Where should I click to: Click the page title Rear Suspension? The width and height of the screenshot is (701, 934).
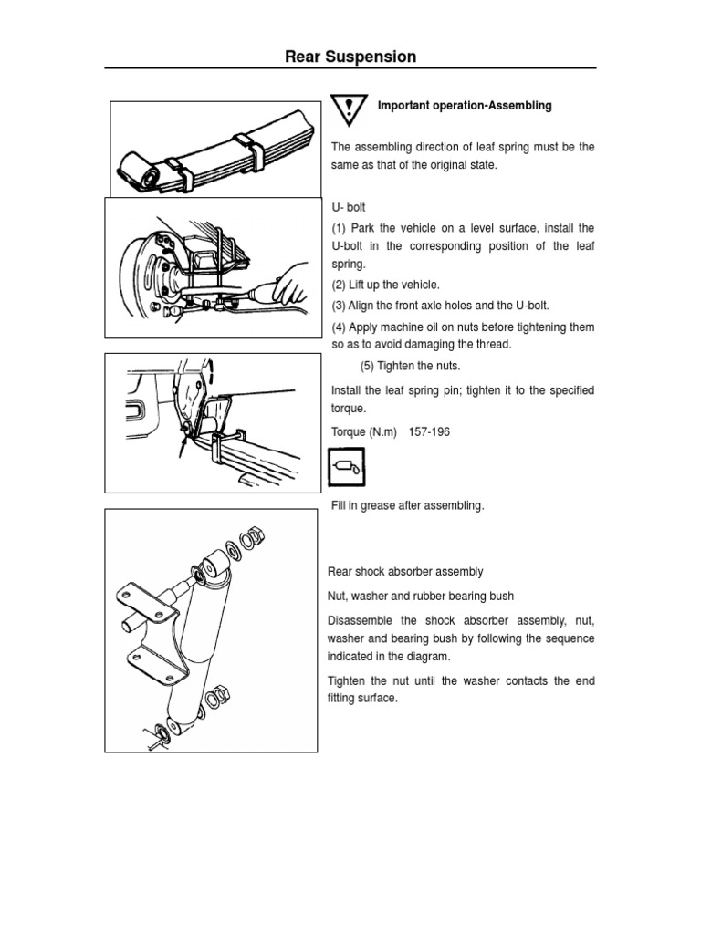coord(350,57)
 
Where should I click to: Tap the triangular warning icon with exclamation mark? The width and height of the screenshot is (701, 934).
coord(348,109)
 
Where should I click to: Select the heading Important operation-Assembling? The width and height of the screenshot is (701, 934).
coord(465,106)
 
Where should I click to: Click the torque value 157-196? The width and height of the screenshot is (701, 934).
coord(435,432)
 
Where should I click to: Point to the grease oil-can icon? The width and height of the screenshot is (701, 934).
coord(346,471)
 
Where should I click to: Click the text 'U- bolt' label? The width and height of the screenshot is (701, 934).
coord(348,208)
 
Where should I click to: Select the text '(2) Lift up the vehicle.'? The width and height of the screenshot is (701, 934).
coord(385,285)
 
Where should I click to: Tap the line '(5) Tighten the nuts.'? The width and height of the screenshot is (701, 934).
coord(410,366)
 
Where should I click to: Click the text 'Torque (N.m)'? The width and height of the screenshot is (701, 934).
coord(363,432)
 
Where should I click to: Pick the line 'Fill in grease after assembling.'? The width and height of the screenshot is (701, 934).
coord(407,505)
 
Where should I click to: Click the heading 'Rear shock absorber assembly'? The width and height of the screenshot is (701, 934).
coord(405,572)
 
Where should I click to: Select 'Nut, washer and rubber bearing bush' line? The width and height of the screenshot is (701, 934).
coord(420,597)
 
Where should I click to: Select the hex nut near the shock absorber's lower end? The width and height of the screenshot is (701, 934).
coord(219,690)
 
